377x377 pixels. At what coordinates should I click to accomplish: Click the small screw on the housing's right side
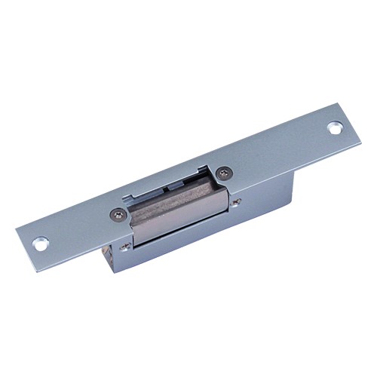(236, 201)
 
